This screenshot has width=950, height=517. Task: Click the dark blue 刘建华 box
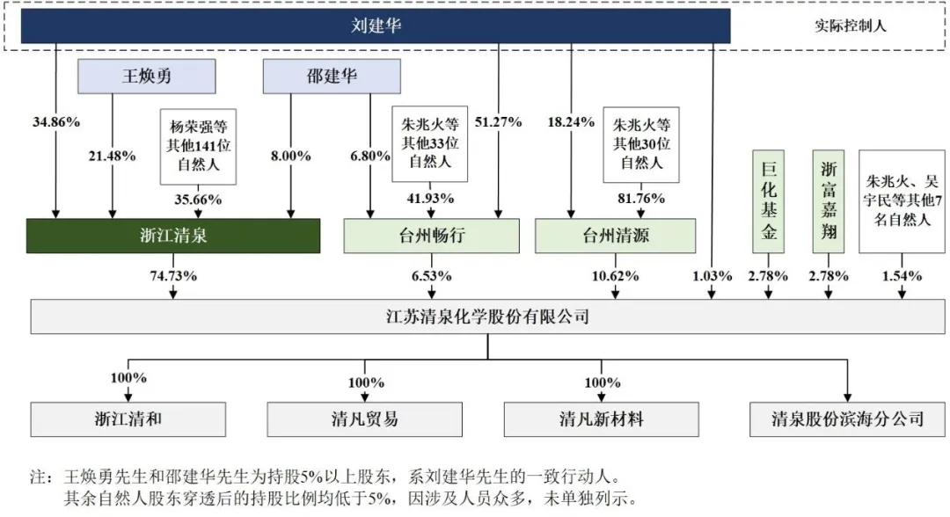(x=376, y=25)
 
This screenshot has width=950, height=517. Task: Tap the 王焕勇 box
(x=146, y=76)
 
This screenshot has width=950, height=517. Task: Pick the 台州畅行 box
(x=430, y=236)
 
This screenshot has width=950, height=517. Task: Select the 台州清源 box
(x=615, y=236)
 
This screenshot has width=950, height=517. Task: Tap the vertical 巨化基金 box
(x=768, y=200)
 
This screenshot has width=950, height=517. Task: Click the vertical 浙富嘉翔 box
(x=829, y=200)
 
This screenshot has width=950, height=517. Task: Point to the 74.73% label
(x=172, y=276)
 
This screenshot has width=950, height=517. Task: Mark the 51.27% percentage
(x=499, y=121)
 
